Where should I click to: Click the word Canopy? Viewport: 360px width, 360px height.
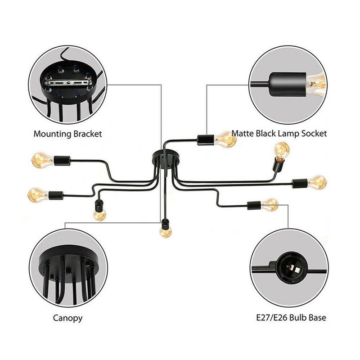tap(67, 319)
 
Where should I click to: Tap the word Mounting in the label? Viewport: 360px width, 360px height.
tap(52, 134)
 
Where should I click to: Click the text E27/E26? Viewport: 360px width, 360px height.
tap(272, 318)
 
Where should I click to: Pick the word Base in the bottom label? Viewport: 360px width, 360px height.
tap(318, 318)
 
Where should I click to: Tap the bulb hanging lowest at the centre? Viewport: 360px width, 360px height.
tap(166, 232)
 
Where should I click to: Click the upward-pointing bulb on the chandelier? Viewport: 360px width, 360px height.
tap(282, 150)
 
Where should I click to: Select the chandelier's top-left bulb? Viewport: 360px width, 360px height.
tap(43, 160)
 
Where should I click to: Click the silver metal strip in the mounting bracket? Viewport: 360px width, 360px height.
tap(68, 83)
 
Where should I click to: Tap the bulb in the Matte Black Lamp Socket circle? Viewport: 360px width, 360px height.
tap(317, 84)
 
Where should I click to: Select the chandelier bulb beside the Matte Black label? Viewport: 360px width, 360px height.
tap(225, 139)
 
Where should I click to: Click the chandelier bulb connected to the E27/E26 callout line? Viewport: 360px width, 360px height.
tap(270, 205)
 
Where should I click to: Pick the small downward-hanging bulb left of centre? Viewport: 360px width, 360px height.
tap(99, 215)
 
